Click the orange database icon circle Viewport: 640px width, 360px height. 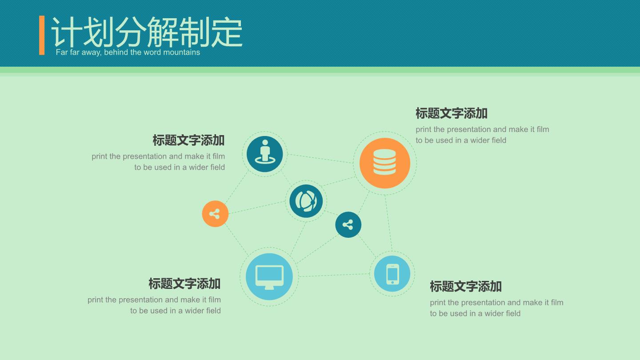384,163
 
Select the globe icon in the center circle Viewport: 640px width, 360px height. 306,201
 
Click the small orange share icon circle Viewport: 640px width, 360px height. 215,214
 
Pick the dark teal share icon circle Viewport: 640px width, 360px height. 348,224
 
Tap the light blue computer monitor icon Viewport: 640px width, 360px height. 269,276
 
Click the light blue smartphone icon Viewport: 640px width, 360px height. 392,274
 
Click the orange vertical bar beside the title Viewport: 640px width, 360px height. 42,35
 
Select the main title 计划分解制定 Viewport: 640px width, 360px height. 147,32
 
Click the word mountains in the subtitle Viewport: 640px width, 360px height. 181,52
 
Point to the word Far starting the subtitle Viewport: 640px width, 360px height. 62,52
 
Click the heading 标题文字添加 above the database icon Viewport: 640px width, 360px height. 452,113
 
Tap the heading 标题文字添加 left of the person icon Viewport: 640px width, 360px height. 188,140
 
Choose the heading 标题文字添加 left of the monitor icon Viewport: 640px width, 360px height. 184,284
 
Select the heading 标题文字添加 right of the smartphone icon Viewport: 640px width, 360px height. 466,287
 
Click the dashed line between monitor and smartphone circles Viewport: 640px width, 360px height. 334,275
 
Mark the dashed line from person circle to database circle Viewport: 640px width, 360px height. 320,159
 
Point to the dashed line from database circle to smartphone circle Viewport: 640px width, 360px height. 388,223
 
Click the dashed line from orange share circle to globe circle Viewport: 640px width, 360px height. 257,207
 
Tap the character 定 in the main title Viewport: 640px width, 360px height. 227,32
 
